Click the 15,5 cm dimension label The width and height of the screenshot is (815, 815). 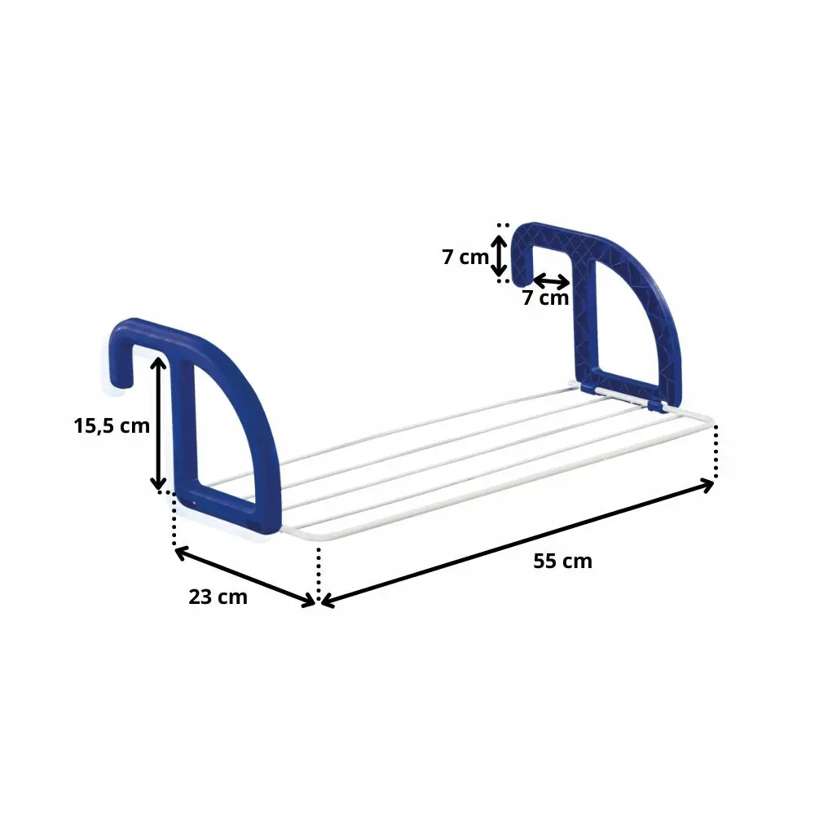tap(112, 425)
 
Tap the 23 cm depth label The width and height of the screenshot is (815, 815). tap(218, 597)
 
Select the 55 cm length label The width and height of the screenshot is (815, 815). tap(562, 561)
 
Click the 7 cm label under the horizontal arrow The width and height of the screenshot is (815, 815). tap(545, 298)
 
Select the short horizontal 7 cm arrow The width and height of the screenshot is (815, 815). tap(551, 281)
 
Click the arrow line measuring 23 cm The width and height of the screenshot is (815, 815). tap(244, 575)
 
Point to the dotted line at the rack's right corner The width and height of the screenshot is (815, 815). tap(716, 452)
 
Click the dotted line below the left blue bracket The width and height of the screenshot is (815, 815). tap(174, 522)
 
